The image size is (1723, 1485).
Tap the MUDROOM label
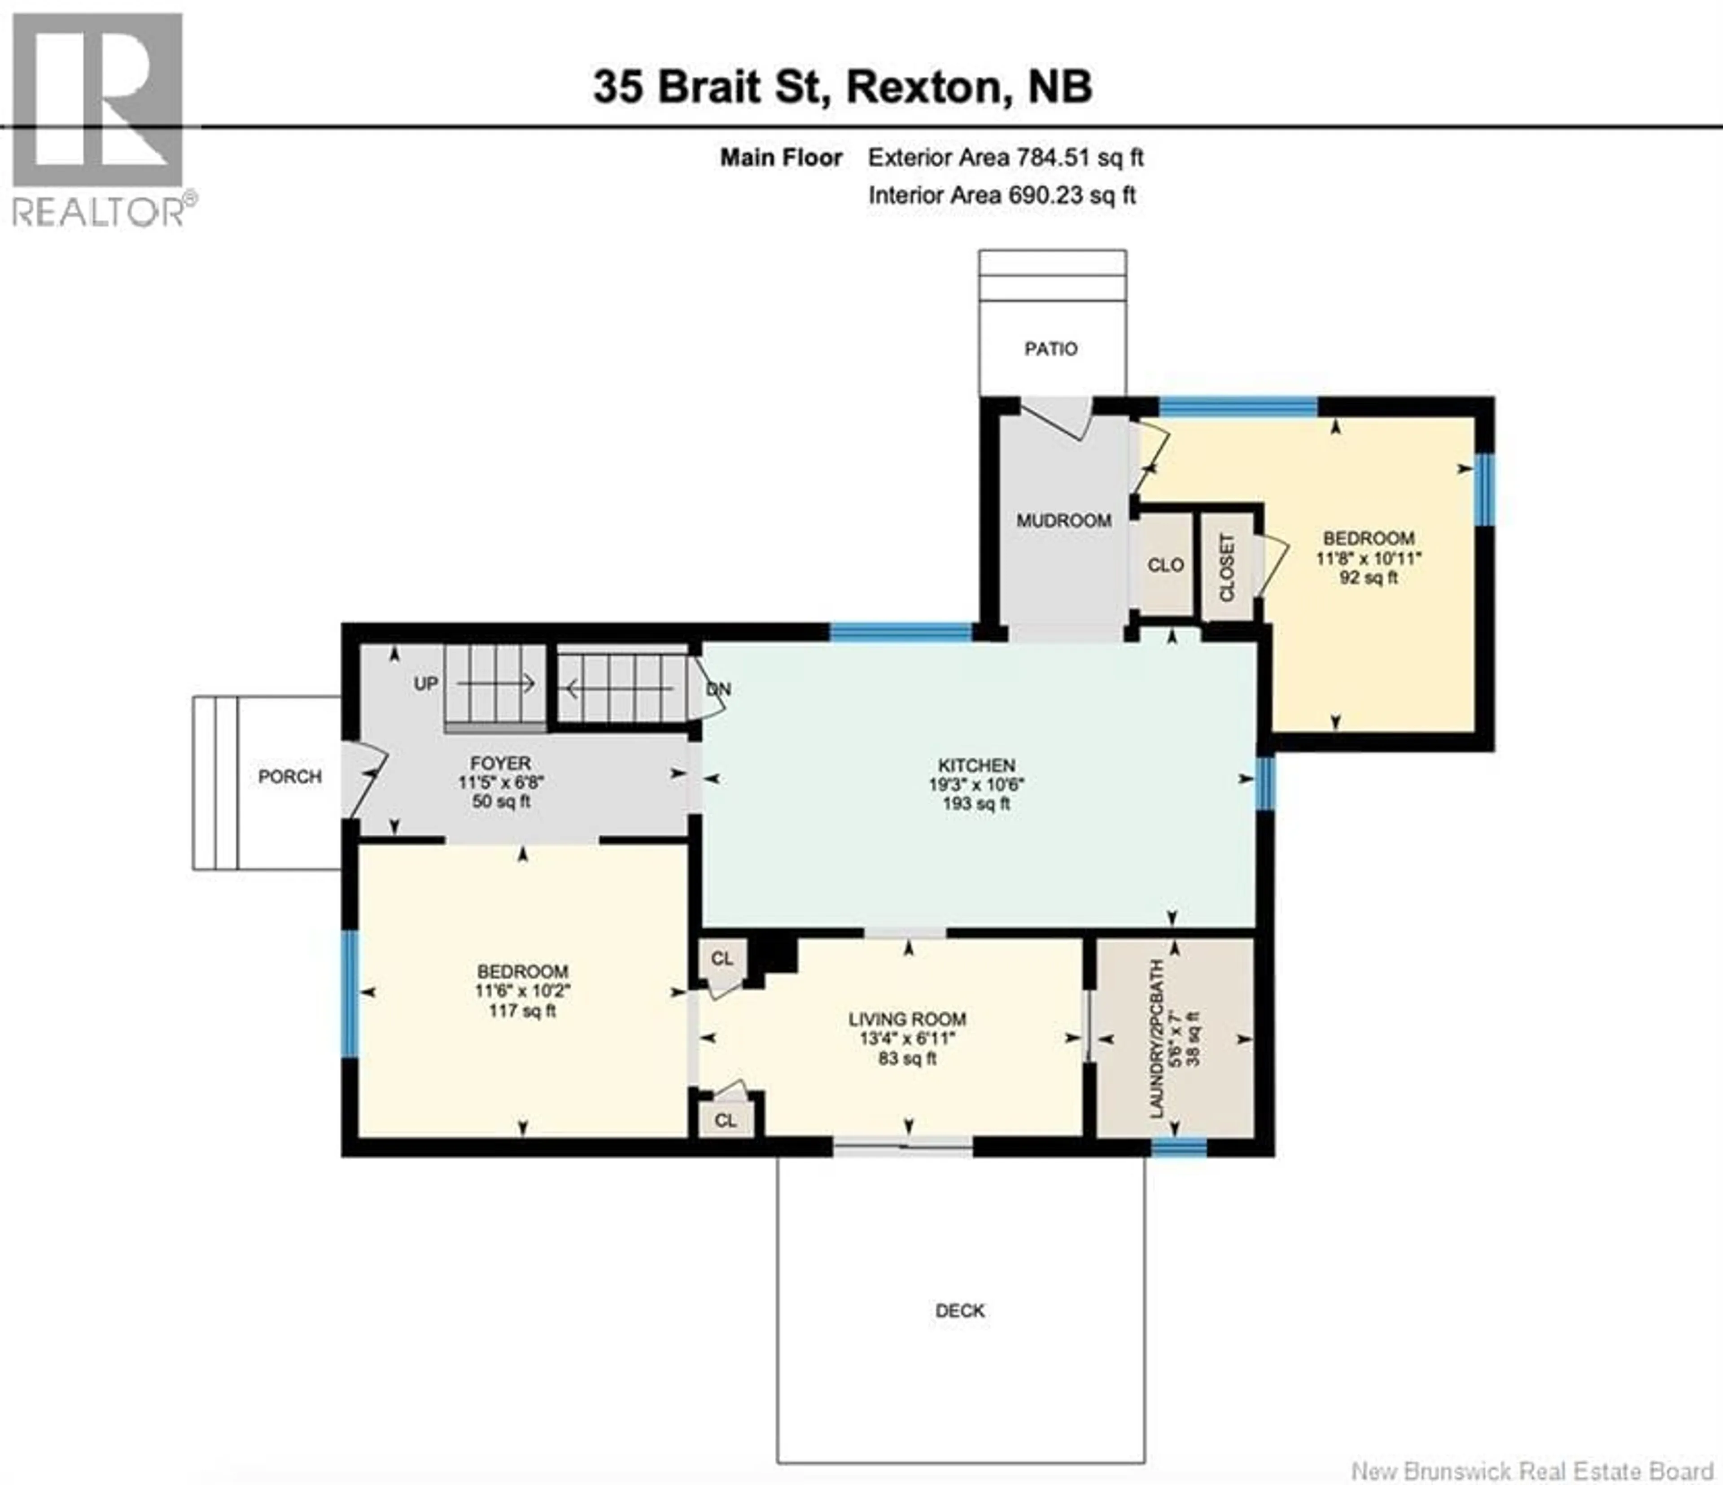tap(1063, 520)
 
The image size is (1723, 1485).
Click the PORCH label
tap(289, 777)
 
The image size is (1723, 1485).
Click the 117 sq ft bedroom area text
tap(522, 1011)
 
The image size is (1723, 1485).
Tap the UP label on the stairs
tap(426, 683)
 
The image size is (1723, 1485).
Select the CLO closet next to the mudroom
tap(1165, 565)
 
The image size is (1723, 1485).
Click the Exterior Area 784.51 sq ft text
tap(1006, 157)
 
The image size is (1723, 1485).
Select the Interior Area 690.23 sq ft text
tap(1002, 196)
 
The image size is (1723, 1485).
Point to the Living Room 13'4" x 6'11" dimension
tap(907, 1039)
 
